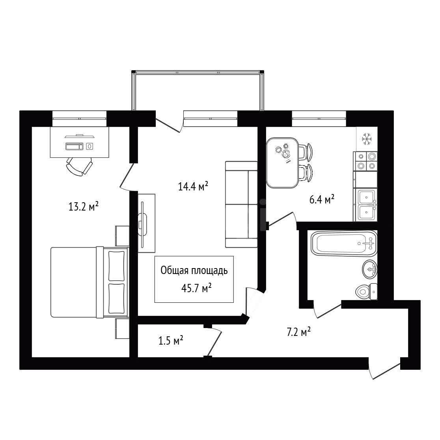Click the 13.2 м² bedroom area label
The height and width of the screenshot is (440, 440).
pos(84,207)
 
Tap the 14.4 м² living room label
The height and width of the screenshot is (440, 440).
pos(193,186)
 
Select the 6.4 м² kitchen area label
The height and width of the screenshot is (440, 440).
pos(322,199)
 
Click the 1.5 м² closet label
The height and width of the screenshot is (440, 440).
pos(171,341)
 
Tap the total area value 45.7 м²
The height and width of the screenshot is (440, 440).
pos(196,288)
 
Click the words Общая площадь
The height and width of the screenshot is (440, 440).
pos(194,271)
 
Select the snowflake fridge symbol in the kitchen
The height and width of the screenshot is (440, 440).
pos(367,139)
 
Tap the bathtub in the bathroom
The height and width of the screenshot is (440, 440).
pos(344,243)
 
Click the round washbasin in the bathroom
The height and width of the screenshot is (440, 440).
pos(370,269)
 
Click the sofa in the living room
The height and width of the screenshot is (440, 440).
pos(241,204)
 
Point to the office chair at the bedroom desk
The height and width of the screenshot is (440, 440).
pos(79,166)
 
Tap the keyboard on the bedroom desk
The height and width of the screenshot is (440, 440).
pos(75,146)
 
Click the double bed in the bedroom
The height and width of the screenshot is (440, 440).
pos(89,282)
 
